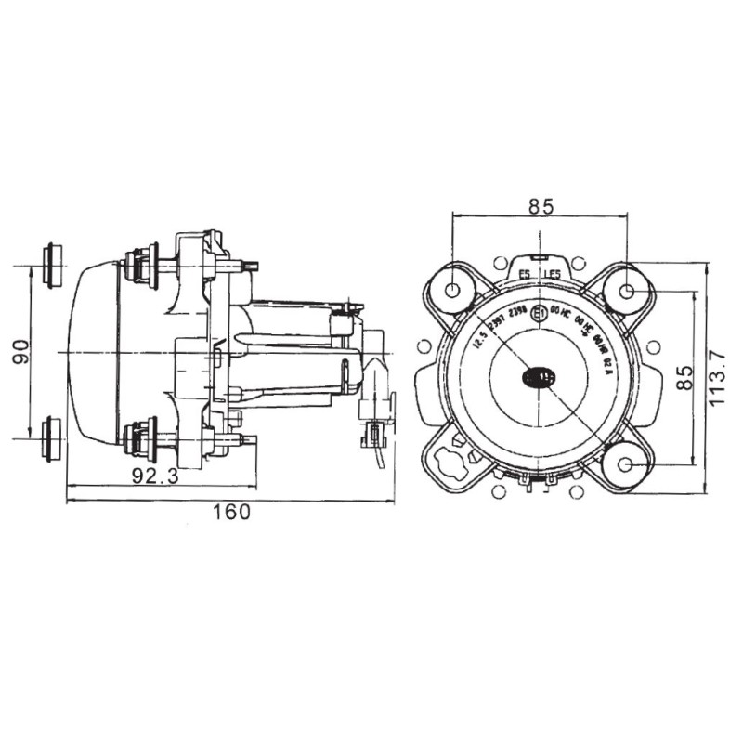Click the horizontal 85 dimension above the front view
(x=541, y=207)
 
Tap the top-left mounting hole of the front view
(x=453, y=290)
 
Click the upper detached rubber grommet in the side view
(x=53, y=266)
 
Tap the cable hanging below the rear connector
(x=379, y=459)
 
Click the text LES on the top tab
(x=552, y=275)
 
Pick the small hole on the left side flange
(x=424, y=346)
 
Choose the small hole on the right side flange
(x=656, y=346)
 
